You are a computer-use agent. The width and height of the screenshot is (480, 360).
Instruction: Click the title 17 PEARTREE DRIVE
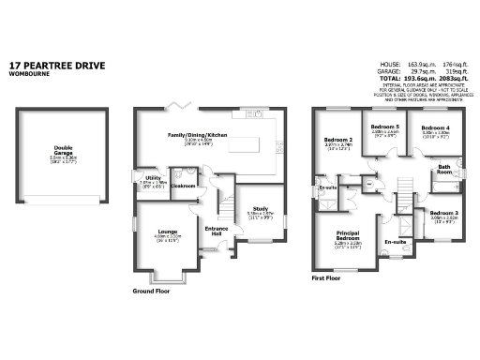click(57, 66)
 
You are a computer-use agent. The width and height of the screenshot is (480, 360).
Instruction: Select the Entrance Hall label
click(217, 231)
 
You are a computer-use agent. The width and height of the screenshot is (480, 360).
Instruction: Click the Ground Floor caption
click(154, 292)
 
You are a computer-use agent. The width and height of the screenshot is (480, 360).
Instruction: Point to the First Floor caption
click(329, 277)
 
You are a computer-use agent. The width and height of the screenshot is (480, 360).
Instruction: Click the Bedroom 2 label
click(337, 140)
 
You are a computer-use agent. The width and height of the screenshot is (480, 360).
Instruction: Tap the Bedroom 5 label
click(384, 127)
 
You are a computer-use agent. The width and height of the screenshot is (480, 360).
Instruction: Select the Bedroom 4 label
click(435, 127)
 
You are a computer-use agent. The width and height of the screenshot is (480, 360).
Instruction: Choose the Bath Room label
click(443, 170)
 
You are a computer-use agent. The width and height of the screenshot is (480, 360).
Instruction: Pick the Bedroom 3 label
click(443, 213)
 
